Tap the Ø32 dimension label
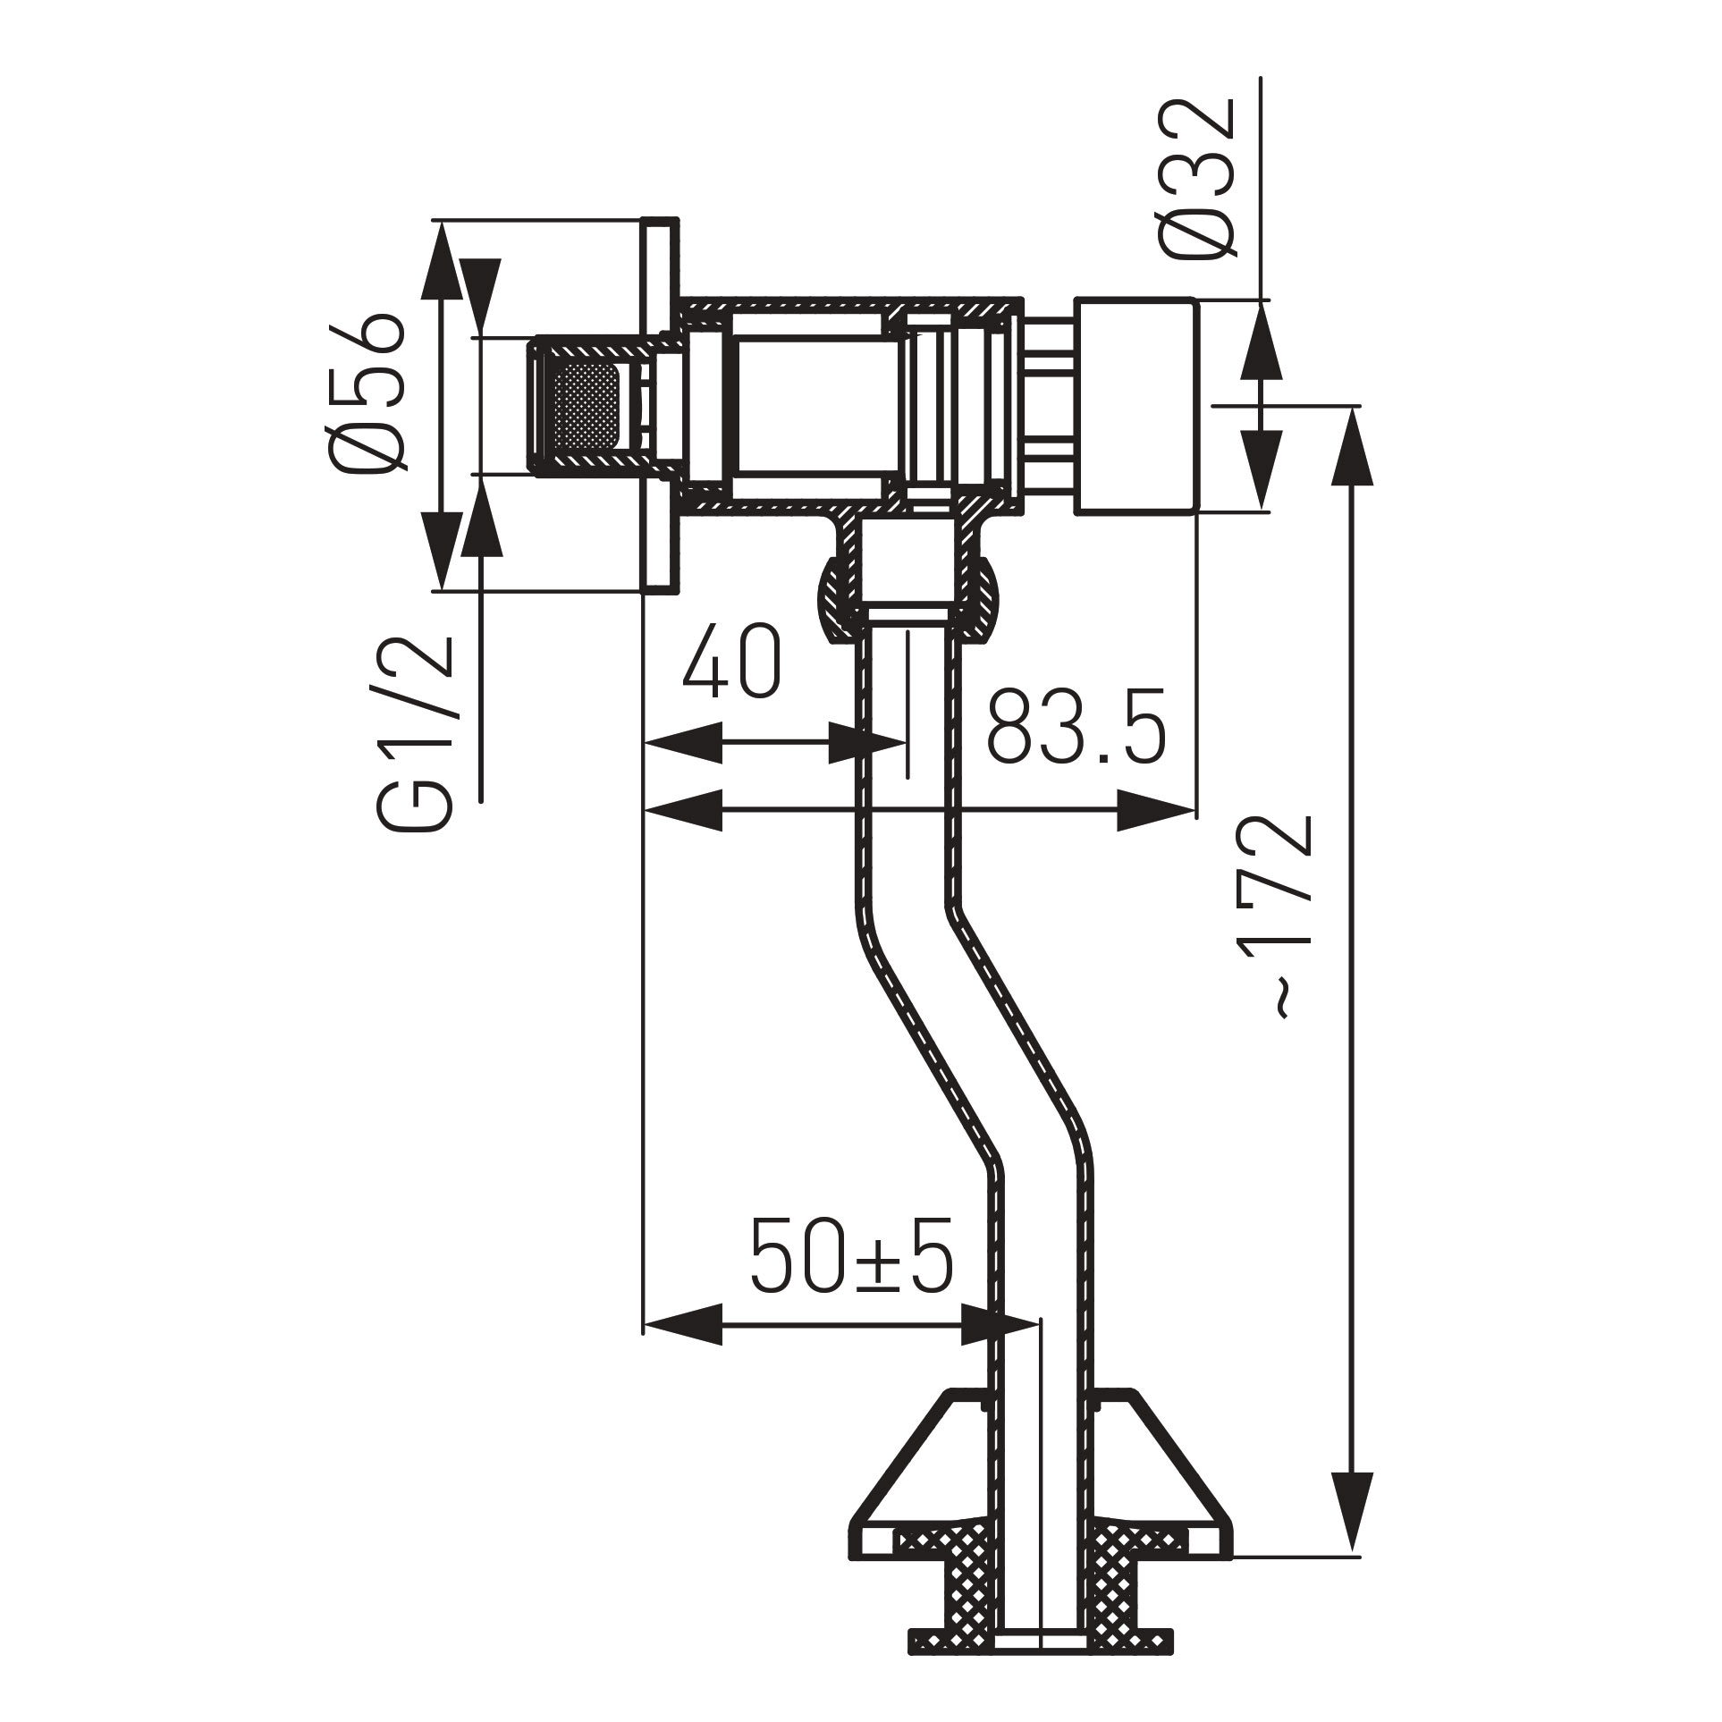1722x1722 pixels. point(1198,179)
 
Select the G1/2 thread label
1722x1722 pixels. point(413,735)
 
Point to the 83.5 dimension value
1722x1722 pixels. point(1077,726)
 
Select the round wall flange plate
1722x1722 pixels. point(659,404)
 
